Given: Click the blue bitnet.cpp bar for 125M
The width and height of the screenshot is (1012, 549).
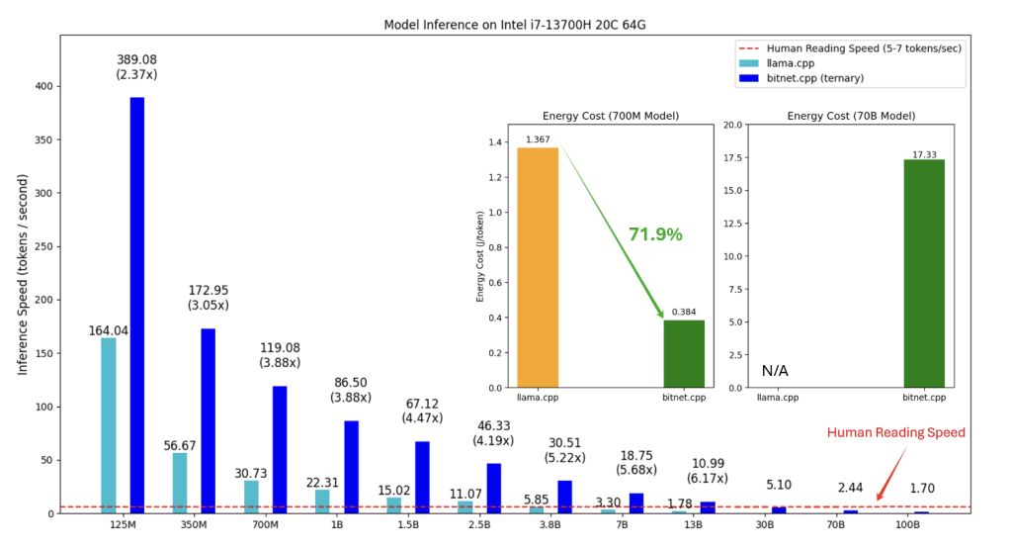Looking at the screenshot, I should tap(136, 305).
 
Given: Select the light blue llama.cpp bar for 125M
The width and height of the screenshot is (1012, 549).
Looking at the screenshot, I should tap(109, 425).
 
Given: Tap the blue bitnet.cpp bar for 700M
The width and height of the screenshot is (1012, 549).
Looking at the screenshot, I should tap(280, 449).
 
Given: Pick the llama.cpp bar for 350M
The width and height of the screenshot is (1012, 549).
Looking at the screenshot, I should tap(180, 483).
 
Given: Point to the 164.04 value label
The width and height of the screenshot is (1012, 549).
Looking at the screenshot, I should tap(109, 330).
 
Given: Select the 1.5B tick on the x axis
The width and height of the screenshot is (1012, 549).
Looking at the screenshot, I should tap(408, 525).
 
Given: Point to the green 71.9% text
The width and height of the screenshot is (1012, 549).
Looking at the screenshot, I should tap(655, 234).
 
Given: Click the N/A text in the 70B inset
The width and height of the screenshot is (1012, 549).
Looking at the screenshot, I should tap(774, 371).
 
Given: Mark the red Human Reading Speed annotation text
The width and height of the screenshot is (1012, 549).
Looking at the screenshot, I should tap(895, 432).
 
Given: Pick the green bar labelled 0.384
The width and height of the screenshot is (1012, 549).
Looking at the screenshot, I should tap(684, 353).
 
